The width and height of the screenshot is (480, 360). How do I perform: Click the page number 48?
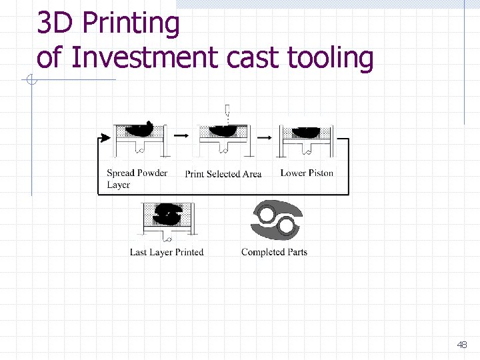(461, 345)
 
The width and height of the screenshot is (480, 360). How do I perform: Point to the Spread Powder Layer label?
(137, 179)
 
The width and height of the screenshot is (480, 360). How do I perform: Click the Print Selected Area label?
(223, 174)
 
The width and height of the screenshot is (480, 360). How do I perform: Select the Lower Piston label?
(307, 173)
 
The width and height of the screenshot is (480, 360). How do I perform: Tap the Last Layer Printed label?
(167, 252)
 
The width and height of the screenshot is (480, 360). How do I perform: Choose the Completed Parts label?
(274, 252)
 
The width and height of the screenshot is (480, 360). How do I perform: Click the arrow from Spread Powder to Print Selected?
(180, 135)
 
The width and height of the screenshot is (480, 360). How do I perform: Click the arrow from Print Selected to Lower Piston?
(264, 137)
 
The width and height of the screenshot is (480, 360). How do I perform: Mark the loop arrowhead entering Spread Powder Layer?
(104, 138)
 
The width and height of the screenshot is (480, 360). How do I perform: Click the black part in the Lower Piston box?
(307, 132)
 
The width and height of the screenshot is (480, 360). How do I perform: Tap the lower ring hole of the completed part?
(287, 226)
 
